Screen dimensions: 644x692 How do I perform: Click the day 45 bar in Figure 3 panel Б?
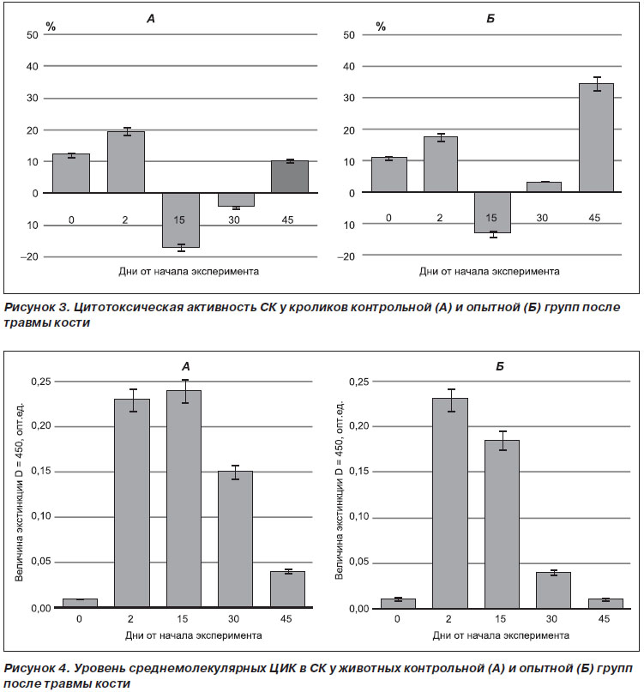tap(596, 138)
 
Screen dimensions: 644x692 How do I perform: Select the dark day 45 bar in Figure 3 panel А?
tap(290, 177)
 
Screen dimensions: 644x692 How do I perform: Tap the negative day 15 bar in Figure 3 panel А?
tap(181, 220)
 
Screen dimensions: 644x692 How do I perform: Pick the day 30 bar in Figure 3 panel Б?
tap(544, 187)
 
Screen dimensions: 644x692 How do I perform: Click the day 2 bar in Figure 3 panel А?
tap(126, 162)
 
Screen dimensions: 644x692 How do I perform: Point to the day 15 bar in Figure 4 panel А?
tap(184, 499)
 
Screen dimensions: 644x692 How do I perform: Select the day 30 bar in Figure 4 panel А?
tap(235, 539)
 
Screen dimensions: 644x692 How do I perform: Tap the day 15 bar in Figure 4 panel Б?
tap(502, 524)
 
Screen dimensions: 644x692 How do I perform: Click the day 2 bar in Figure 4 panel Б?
tap(450, 503)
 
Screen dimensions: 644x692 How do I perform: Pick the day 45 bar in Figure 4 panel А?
tap(287, 590)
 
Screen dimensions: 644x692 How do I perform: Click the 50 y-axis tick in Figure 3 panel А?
tap(33, 35)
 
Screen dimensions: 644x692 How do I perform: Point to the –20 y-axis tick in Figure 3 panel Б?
tap(346, 256)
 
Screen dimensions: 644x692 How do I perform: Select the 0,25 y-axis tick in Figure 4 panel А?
tap(41, 382)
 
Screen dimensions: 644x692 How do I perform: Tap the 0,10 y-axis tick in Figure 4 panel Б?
tap(358, 517)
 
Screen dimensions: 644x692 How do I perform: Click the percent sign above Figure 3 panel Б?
tap(381, 27)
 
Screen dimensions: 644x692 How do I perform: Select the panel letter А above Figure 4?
tap(186, 366)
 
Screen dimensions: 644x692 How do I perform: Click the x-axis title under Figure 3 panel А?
tap(189, 272)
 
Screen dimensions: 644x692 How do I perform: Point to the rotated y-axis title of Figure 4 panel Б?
tap(339, 490)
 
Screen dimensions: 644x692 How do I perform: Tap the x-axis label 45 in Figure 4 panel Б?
tap(604, 619)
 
